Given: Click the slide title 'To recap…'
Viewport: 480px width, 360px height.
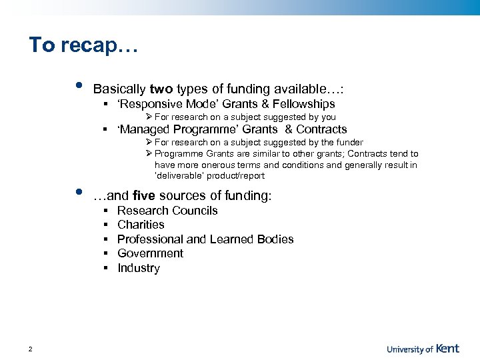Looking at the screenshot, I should click(x=83, y=45).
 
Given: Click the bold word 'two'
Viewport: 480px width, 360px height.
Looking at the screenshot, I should click(x=161, y=89).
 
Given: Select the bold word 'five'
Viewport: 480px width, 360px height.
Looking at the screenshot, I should click(x=143, y=196).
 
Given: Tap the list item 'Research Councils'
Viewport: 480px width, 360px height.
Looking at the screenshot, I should click(x=167, y=211).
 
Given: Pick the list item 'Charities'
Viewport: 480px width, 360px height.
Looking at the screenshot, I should click(x=141, y=225).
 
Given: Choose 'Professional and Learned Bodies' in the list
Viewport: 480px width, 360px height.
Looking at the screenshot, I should click(x=205, y=239).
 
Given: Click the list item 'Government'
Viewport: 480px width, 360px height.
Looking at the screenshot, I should click(x=150, y=253).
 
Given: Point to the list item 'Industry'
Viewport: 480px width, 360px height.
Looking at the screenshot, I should click(x=139, y=268).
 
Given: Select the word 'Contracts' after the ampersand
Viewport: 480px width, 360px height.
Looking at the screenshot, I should click(x=321, y=129).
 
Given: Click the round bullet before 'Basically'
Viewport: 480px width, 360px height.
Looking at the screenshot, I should click(x=79, y=85).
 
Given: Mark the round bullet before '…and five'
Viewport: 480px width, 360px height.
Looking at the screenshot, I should click(x=79, y=192).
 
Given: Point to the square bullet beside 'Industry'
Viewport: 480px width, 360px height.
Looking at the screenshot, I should click(x=106, y=268).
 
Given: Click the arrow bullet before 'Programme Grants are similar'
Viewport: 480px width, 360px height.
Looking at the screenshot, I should click(x=149, y=153).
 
